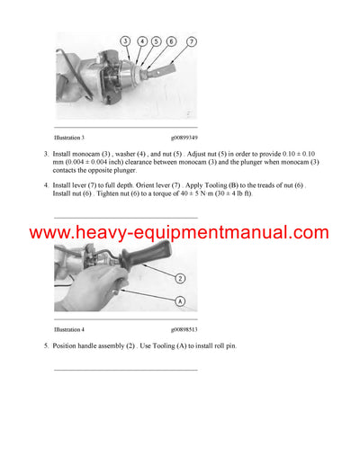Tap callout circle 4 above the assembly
click(143, 41)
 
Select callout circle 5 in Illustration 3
click(157, 41)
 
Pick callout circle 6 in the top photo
click(171, 41)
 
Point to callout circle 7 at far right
click(192, 41)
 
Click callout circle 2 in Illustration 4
click(180, 278)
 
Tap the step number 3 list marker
click(46, 155)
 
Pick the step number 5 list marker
click(46, 346)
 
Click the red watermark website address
click(179, 233)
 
